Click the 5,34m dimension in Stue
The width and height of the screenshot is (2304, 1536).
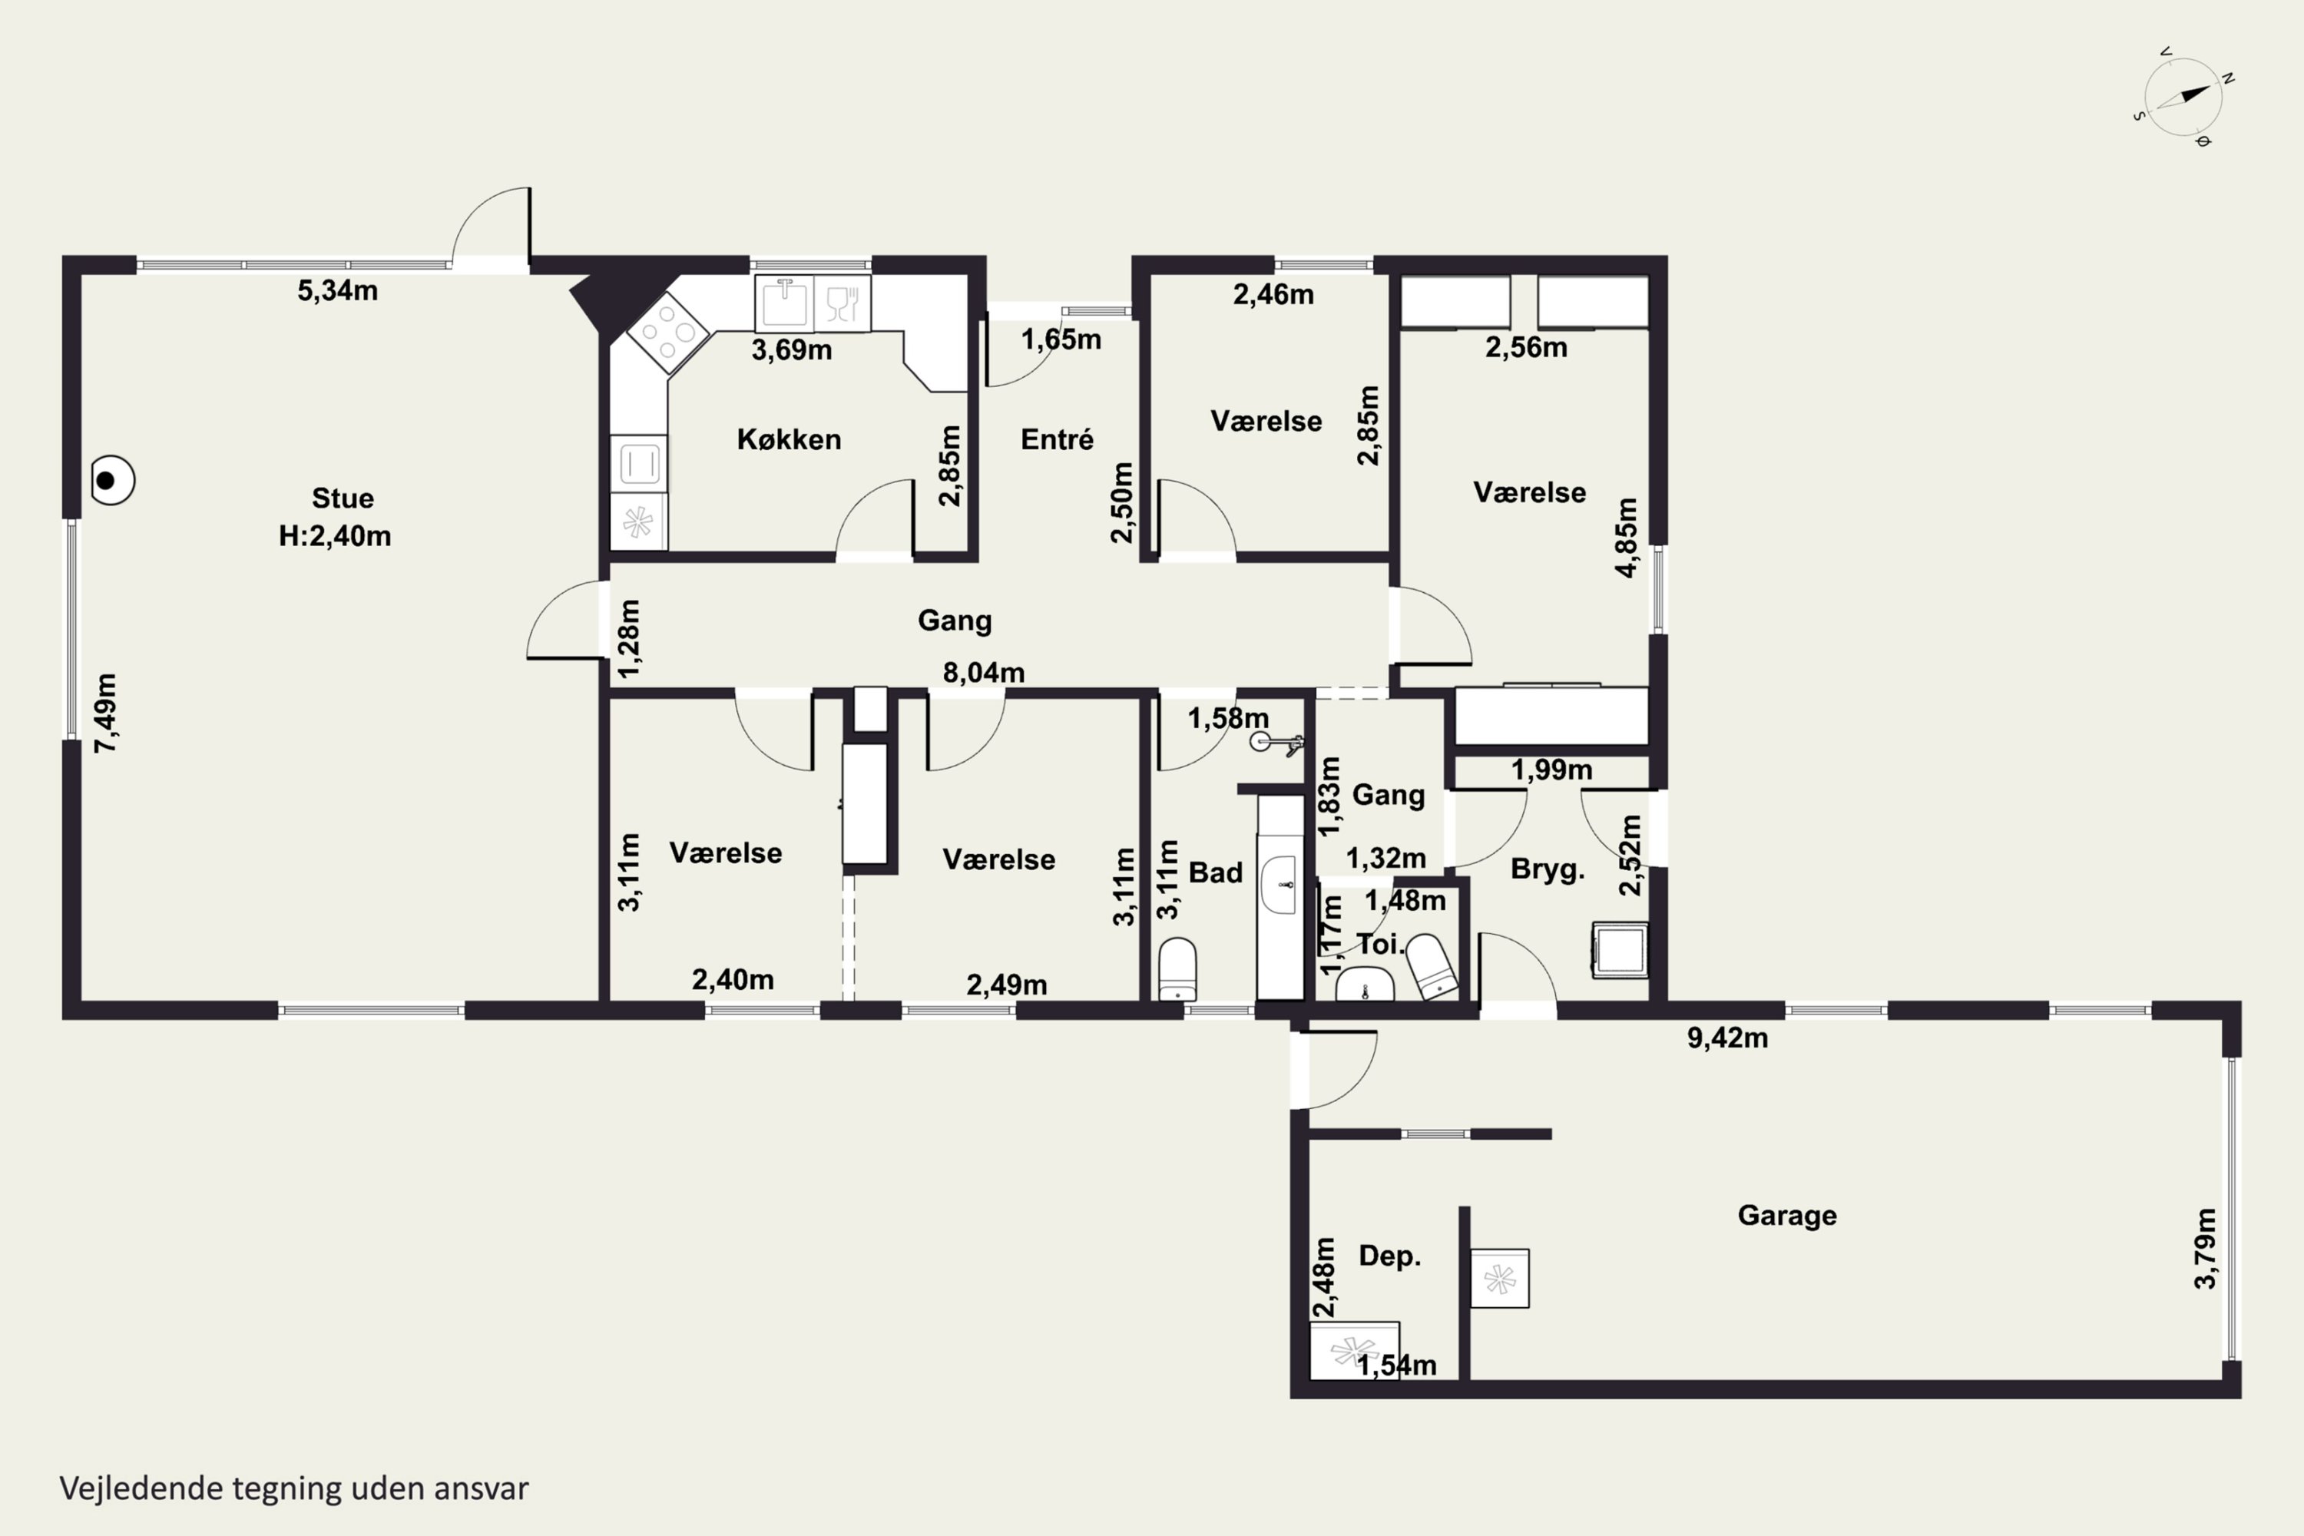(338, 290)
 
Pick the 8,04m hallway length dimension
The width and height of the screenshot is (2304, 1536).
(984, 672)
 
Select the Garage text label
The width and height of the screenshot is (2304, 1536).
(1787, 1215)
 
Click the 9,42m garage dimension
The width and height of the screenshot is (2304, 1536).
(1727, 1038)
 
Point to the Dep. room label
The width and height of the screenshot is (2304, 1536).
(1389, 1256)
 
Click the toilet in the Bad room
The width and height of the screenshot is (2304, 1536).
(1177, 968)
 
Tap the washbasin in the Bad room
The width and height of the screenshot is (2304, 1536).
(1279, 884)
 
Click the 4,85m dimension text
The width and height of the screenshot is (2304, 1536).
(1625, 538)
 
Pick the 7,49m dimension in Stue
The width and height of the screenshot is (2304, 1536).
(106, 713)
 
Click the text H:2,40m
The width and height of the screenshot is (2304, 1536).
(335, 536)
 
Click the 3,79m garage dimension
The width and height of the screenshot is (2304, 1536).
(2204, 1248)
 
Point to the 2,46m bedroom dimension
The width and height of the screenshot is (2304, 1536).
(1273, 294)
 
